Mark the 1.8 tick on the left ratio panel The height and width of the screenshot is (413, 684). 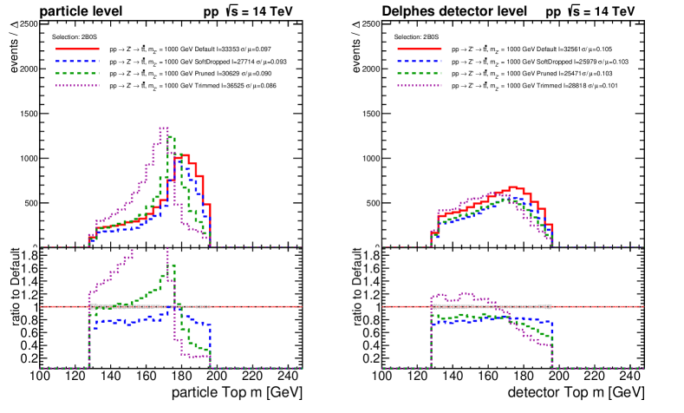coord(29,256)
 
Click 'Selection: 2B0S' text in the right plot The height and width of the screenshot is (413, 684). coord(414,38)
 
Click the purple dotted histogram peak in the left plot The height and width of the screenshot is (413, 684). coord(163,128)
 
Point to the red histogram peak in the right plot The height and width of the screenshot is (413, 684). coord(514,187)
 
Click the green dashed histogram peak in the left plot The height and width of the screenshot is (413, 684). coord(171,136)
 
